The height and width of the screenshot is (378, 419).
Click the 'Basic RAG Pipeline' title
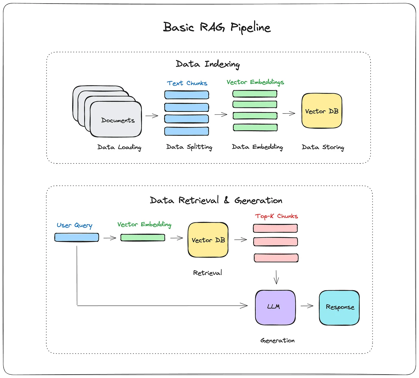tap(217, 27)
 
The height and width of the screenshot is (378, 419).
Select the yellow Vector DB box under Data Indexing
tap(322, 111)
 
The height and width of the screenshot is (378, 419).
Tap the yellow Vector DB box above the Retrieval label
tap(208, 240)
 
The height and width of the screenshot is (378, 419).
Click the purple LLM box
tap(275, 307)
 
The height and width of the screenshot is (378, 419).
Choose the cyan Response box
tap(339, 308)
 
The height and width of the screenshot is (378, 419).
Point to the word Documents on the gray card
tap(118, 120)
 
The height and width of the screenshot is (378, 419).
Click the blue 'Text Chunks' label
tap(187, 83)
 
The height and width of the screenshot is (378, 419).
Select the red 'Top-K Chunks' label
tap(276, 216)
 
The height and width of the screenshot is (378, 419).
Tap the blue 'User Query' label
tap(75, 225)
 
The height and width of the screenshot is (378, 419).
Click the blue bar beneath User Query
tap(77, 237)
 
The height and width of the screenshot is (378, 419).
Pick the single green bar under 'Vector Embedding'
tap(143, 238)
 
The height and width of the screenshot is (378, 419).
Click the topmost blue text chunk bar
tap(186, 95)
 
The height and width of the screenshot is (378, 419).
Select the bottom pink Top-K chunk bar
tap(276, 258)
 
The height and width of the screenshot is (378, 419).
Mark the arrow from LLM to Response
tap(307, 306)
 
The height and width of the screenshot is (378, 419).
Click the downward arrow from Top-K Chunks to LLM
tap(276, 277)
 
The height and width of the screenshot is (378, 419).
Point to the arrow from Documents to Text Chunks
tap(152, 116)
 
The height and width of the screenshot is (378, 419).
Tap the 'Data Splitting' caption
tap(189, 147)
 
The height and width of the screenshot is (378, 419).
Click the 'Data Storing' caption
tap(323, 147)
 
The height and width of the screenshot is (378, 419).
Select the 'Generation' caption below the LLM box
tap(278, 341)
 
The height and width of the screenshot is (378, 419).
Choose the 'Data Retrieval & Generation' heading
tap(216, 200)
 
